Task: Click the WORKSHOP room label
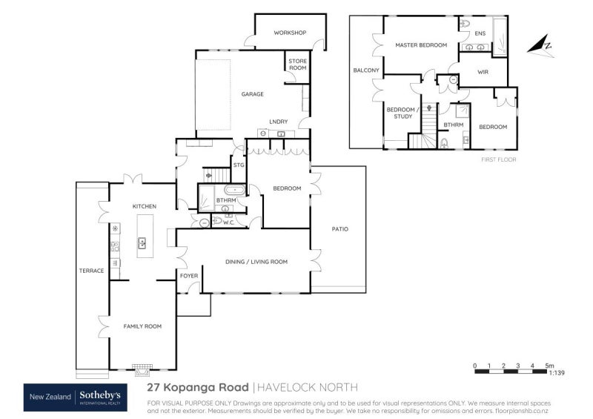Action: [290, 33]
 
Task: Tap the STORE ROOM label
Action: [296, 65]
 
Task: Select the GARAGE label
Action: [252, 95]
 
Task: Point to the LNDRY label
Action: [278, 122]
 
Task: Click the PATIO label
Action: [339, 229]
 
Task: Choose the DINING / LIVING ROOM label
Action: [256, 262]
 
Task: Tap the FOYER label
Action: [188, 276]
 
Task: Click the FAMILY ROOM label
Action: [142, 326]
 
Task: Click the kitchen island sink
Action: [142, 243]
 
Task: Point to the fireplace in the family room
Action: [142, 366]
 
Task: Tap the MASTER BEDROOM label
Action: [421, 45]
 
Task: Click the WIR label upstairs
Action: [483, 72]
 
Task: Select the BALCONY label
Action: [366, 70]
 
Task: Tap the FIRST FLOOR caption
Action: [499, 159]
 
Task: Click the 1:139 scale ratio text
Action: [556, 374]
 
